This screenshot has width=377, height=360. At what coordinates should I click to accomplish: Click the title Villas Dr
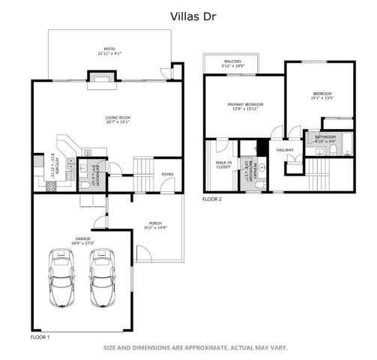(x=187, y=14)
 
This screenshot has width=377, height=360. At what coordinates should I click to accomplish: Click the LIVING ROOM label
(x=118, y=118)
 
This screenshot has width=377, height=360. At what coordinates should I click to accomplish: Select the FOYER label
(x=167, y=174)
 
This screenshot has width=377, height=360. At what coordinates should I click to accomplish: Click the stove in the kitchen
(x=52, y=186)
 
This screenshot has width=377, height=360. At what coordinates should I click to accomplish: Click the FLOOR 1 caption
(x=40, y=337)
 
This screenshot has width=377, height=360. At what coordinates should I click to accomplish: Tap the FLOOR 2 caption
(x=212, y=199)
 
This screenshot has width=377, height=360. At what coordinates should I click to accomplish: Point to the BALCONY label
(x=232, y=61)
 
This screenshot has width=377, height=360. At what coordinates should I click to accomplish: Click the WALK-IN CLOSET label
(x=223, y=164)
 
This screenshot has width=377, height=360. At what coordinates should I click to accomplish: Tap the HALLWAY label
(x=285, y=150)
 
